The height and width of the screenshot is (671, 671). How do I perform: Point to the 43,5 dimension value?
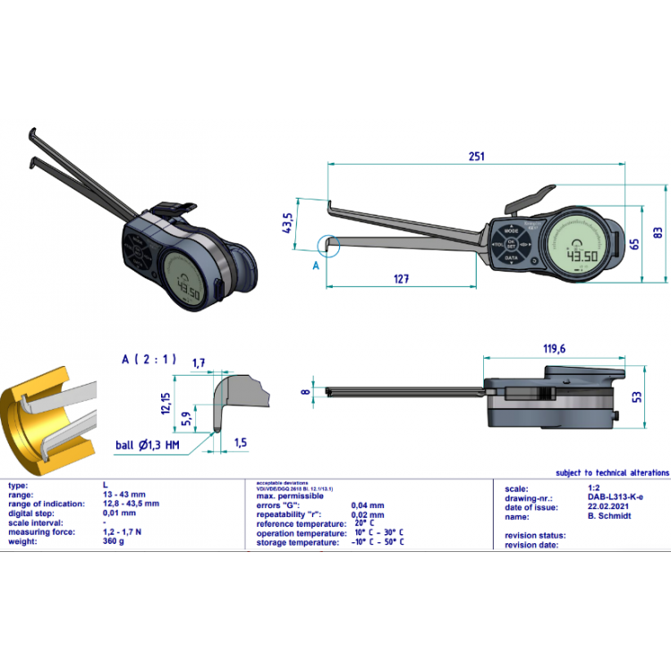[x=288, y=224]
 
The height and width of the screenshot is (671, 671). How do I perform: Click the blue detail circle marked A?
[x=328, y=244]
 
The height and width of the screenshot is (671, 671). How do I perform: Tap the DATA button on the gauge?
[x=511, y=258]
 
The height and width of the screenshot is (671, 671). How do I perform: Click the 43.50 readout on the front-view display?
[x=585, y=256]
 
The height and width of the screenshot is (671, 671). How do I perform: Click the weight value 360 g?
[x=115, y=540]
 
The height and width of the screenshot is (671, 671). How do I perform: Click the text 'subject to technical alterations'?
[x=611, y=471]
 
